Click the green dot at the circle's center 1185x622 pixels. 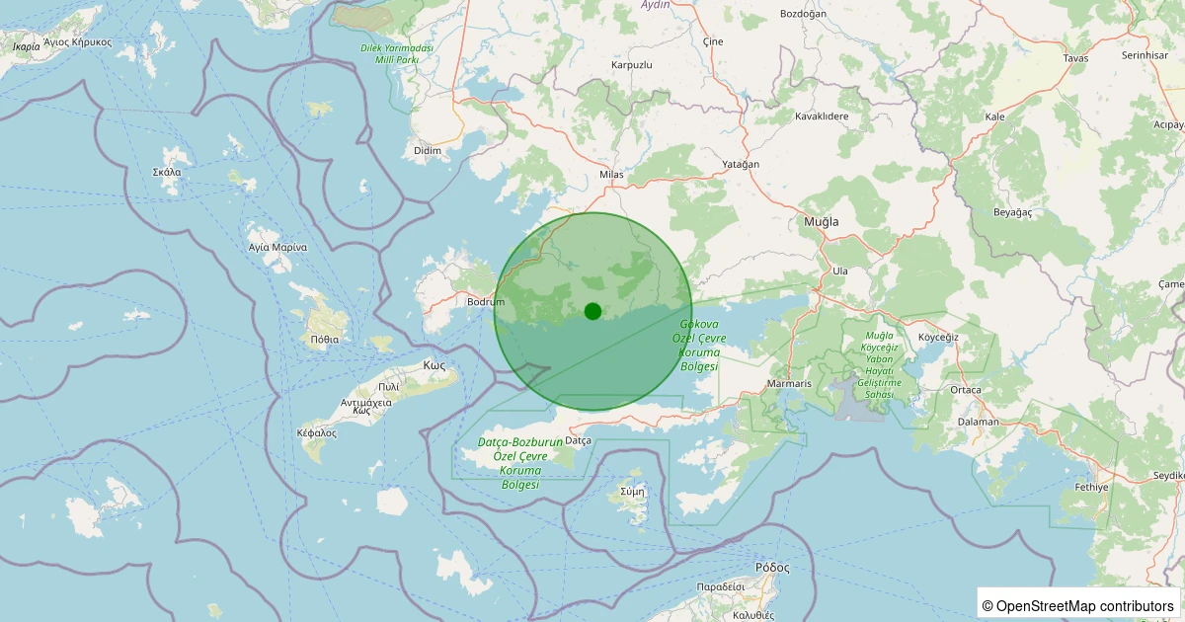[x=592, y=311]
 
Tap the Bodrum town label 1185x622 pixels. [x=486, y=301]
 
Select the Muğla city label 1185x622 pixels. [x=822, y=222]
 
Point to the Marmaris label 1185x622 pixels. [x=790, y=384]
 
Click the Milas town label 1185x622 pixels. [x=612, y=176]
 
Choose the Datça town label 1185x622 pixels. [x=578, y=440]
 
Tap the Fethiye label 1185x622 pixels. [x=1091, y=488]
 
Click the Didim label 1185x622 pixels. [x=428, y=151]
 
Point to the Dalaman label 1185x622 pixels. [x=979, y=422]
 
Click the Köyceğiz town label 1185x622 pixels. [x=938, y=338]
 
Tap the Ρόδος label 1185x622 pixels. [x=772, y=568]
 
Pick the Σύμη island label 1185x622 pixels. [x=632, y=491]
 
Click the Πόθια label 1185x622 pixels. [x=324, y=339]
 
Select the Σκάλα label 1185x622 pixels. [x=166, y=172]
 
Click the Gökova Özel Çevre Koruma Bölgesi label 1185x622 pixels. [x=701, y=346]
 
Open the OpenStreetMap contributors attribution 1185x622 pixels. [x=1078, y=605]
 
